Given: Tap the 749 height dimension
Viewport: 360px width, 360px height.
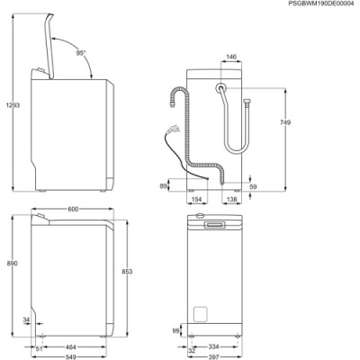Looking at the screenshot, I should [x=285, y=122].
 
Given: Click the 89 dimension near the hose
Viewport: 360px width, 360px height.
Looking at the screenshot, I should [x=163, y=186].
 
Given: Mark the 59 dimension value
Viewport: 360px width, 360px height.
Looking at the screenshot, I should [x=253, y=187].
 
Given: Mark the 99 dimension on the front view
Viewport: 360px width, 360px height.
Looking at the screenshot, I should [x=175, y=330].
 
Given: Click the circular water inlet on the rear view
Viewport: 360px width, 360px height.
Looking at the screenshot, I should [x=220, y=87].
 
